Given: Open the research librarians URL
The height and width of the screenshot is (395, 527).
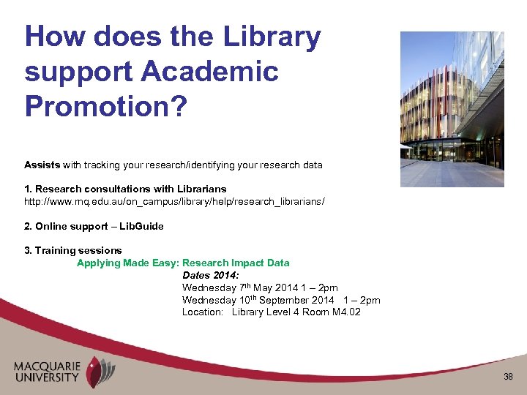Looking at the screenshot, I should coord(174,200).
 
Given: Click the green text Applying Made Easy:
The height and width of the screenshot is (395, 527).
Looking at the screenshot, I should coord(128,263).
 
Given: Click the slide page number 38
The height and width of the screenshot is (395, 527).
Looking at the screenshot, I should coord(509,377).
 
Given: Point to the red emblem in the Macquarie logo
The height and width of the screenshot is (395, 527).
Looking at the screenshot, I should coord(95,372).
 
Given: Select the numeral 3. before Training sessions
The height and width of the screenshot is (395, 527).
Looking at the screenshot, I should coord(29,250).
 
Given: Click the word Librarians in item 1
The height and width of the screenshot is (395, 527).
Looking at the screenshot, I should coord(201,189).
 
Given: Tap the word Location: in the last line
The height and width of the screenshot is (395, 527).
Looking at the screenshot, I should coord(203,312).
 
